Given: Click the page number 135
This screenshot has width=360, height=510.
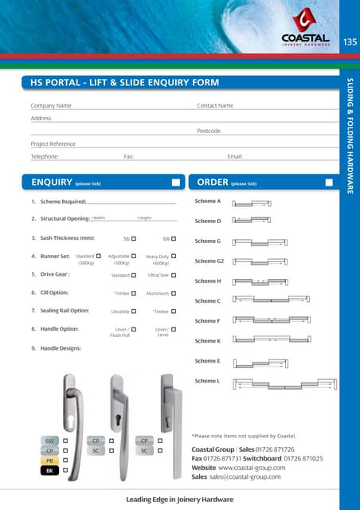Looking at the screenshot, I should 350,41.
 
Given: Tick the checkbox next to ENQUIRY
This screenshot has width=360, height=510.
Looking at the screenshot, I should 176,182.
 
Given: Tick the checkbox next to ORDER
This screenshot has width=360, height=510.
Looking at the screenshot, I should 329,182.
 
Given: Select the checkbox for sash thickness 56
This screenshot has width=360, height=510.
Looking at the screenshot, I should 134,238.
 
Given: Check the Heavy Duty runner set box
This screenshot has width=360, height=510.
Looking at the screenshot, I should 174,257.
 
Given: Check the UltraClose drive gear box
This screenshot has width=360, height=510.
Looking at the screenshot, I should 174,275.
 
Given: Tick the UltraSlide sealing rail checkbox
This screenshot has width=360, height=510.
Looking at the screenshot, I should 134,312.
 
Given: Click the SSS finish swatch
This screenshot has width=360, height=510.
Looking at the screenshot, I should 49,440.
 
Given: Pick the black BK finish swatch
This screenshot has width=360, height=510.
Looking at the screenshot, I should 49,471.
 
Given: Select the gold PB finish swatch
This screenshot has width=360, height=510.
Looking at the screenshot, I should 49,461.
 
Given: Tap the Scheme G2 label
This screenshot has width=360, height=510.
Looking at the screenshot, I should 209,261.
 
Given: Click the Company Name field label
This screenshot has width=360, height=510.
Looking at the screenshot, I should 51,105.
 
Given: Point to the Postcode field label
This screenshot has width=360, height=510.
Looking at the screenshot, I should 208,130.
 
